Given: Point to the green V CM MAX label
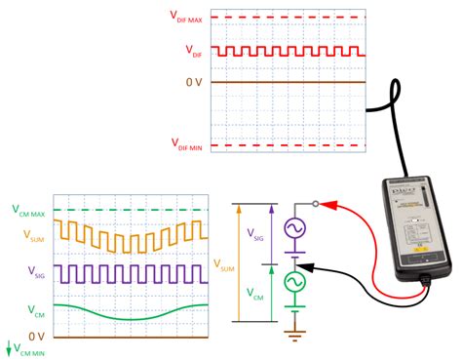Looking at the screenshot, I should (x=28, y=211).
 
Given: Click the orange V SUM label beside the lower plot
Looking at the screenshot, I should (x=31, y=234).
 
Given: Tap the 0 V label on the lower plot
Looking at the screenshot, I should (x=36, y=335).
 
